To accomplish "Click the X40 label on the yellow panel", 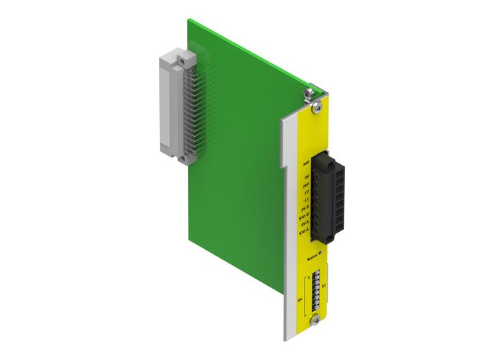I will (x=307, y=165).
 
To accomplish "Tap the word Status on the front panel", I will (x=312, y=256).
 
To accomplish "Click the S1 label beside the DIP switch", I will (x=323, y=286).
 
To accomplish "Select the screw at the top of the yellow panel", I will (x=316, y=107).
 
